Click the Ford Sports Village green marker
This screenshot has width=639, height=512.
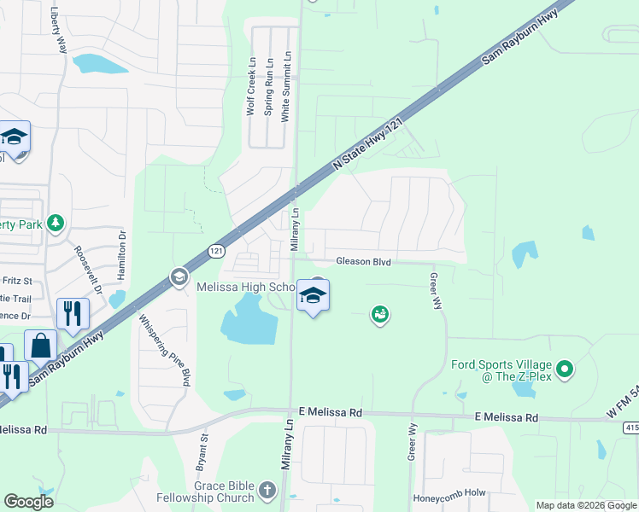[564, 370]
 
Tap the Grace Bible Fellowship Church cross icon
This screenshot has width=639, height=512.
[267, 490]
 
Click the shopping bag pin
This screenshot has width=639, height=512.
[40, 346]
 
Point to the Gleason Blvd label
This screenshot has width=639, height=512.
[363, 262]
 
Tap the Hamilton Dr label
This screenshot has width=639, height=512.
[122, 255]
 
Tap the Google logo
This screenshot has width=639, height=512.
[28, 502]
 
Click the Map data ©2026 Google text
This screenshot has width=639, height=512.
[586, 505]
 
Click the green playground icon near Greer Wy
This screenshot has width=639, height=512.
[380, 316]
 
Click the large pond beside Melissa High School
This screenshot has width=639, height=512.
[249, 321]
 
